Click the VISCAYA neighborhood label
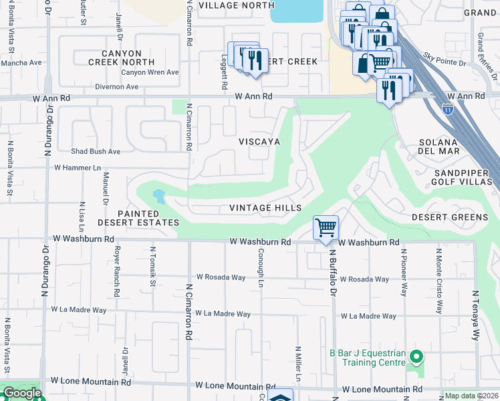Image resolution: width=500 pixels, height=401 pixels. pos(259,142)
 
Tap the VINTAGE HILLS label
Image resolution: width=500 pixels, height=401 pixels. pos(265,208)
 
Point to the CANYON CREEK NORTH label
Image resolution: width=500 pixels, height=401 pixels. pos(122,57)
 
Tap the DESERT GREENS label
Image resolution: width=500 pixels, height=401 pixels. pos(449,217)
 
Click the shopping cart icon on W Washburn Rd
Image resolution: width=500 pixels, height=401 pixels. pos(326,227)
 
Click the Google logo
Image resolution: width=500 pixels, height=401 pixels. pos(21,393)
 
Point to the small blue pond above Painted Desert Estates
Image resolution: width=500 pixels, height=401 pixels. pos(158,196)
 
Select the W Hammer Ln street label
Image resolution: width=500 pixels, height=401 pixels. pos(77,168)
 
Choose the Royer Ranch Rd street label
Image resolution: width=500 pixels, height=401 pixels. pos(117,273)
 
